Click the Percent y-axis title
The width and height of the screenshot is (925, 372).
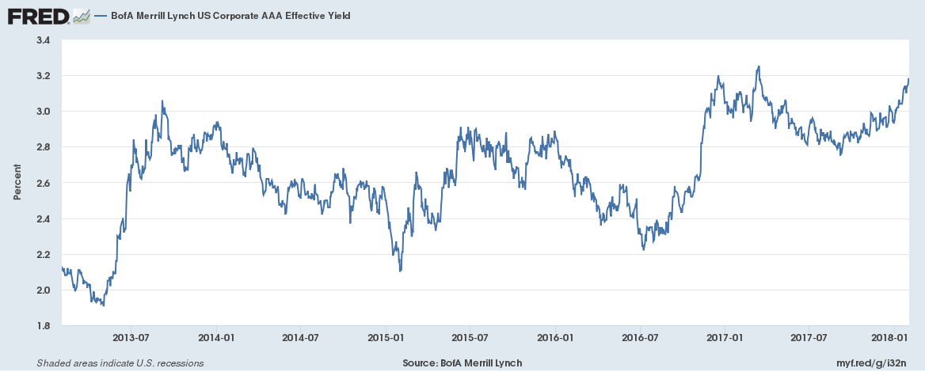(17, 183)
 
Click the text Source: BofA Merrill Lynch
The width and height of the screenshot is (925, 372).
(462, 363)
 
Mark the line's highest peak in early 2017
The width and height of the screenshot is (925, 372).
(759, 66)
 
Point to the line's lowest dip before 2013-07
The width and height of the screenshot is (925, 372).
(103, 306)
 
